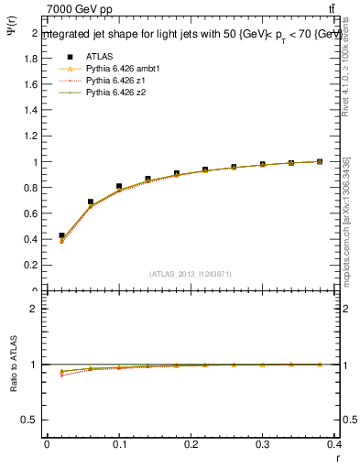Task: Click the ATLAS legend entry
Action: [x=98, y=56]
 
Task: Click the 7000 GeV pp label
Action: [x=80, y=9]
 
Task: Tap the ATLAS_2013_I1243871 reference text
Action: [x=189, y=274]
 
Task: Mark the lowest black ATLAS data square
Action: [x=61, y=235]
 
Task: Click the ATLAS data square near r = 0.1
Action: [x=119, y=186]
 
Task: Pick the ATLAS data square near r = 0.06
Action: [x=90, y=202]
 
